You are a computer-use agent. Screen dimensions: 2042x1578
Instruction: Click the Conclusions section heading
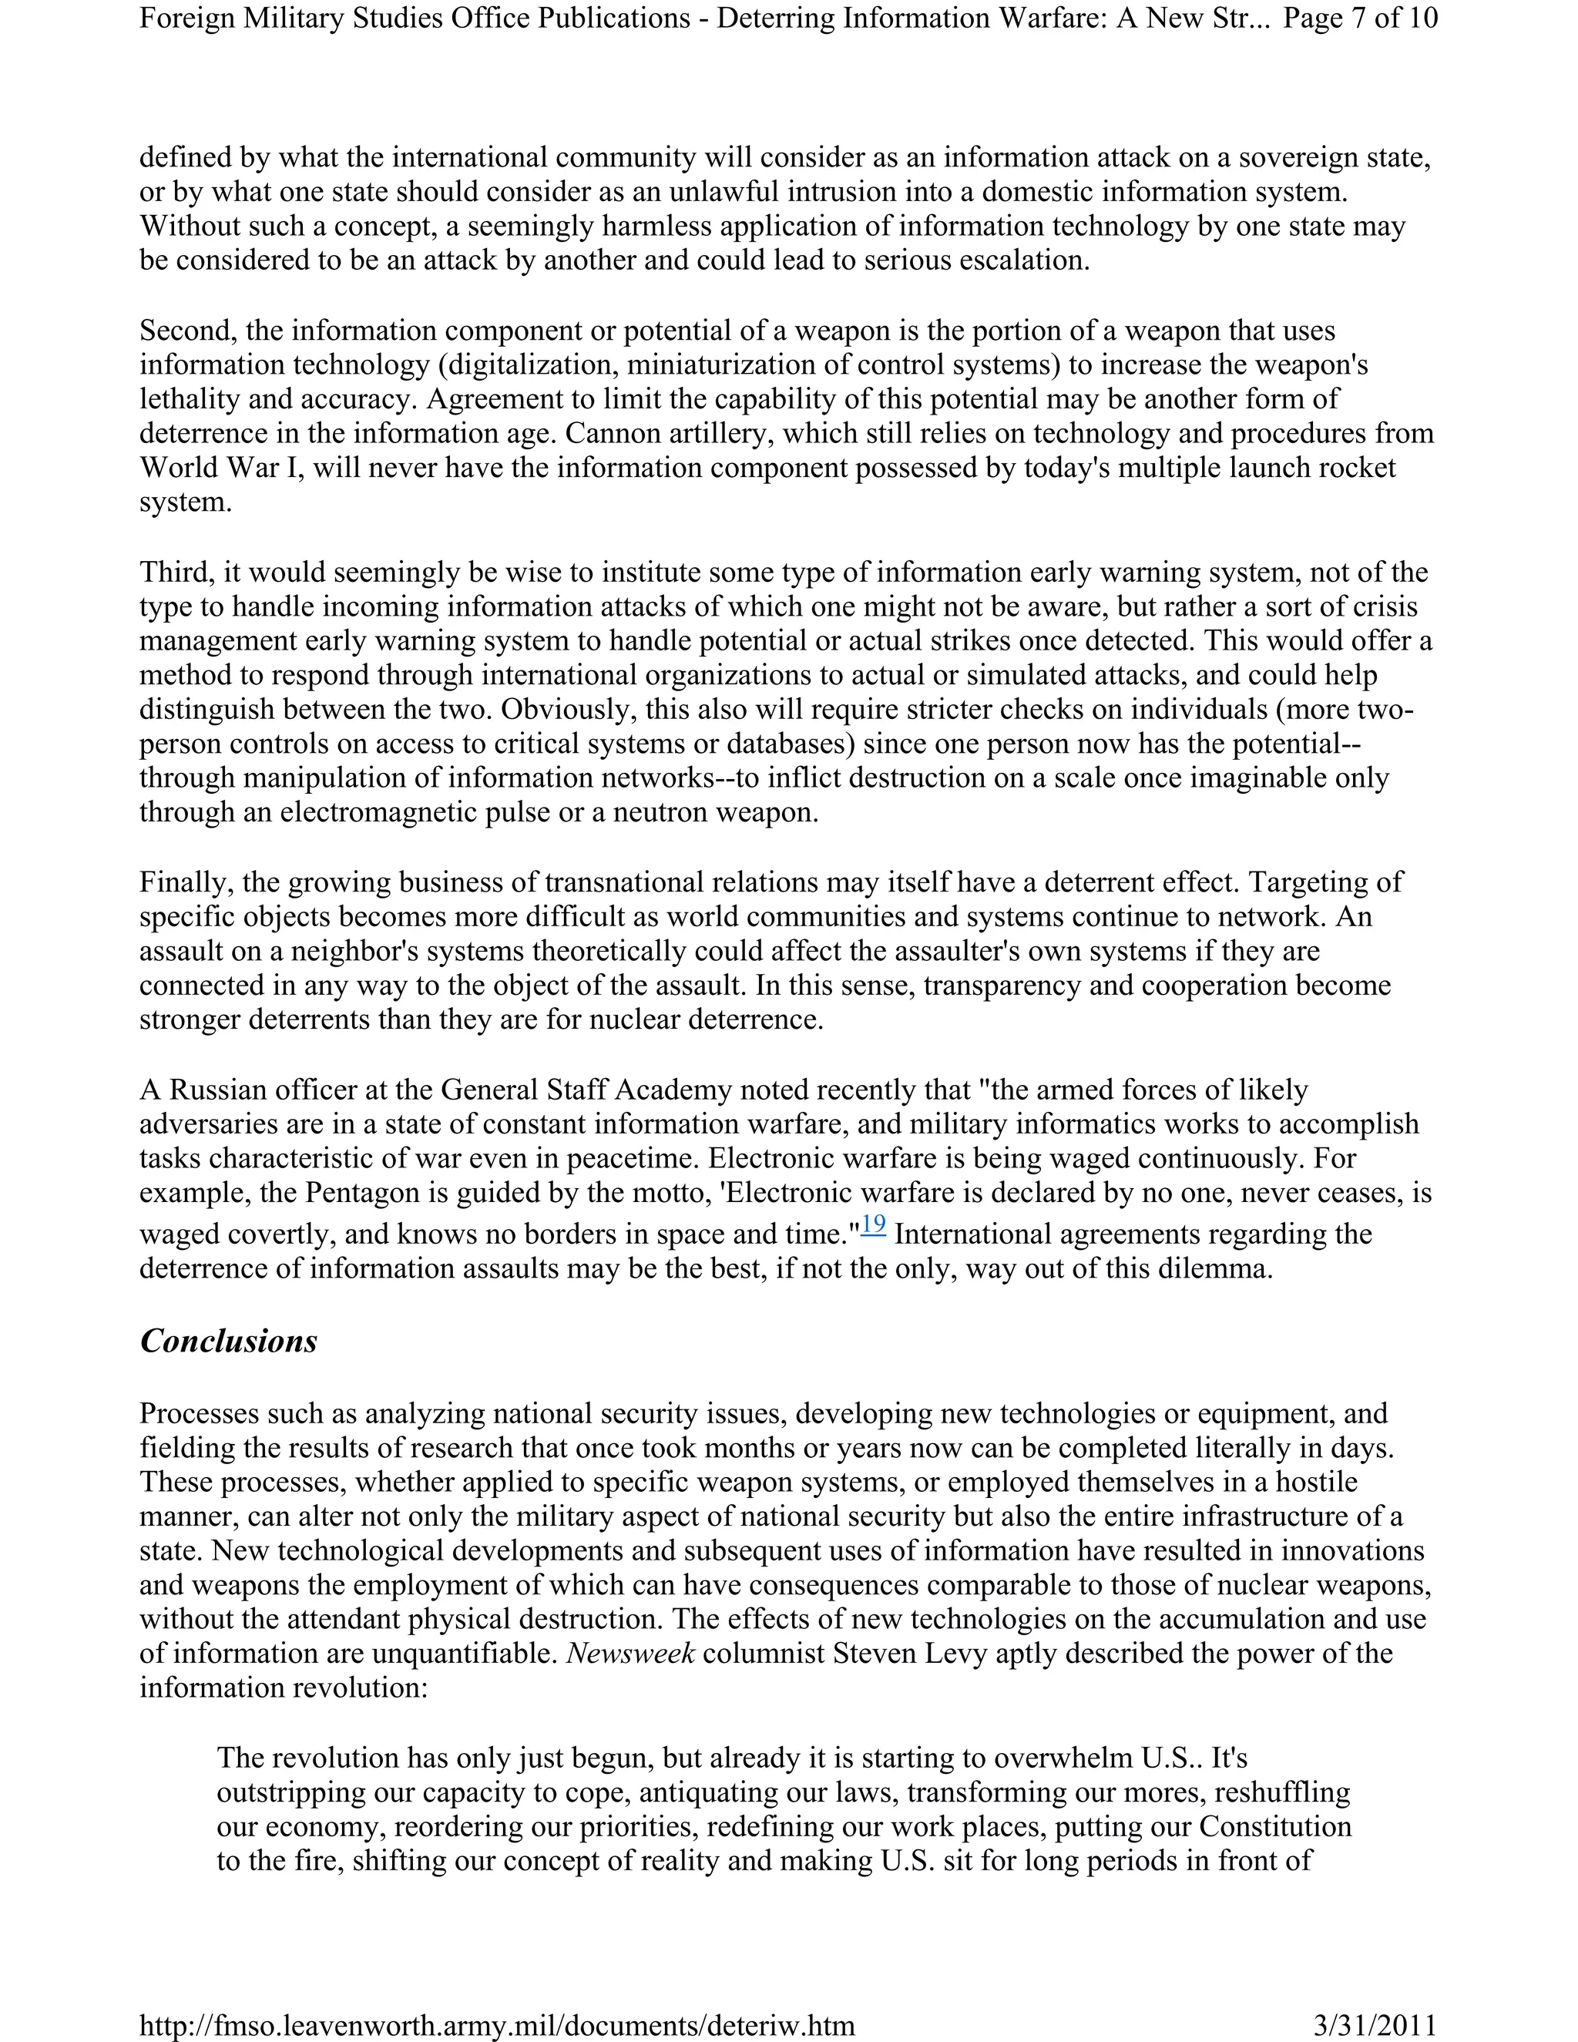pos(228,1342)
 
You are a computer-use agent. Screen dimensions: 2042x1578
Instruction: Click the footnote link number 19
pos(873,1224)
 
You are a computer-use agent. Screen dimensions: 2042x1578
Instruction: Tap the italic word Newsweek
pos(631,1654)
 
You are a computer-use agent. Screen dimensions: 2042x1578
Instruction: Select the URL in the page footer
pos(496,2025)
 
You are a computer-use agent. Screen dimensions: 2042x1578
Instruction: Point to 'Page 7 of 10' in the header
pos(1360,18)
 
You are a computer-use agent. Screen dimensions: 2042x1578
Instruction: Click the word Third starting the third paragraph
pos(176,573)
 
